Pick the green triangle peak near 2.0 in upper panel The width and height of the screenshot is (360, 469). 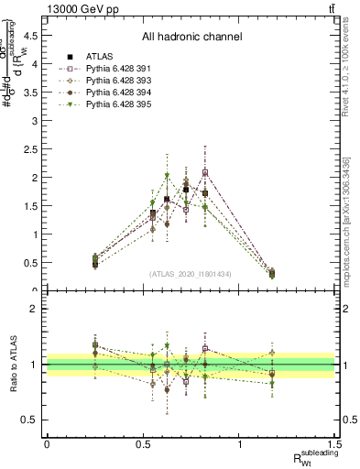[x=167, y=176]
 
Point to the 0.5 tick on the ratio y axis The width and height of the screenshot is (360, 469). [x=30, y=420]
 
